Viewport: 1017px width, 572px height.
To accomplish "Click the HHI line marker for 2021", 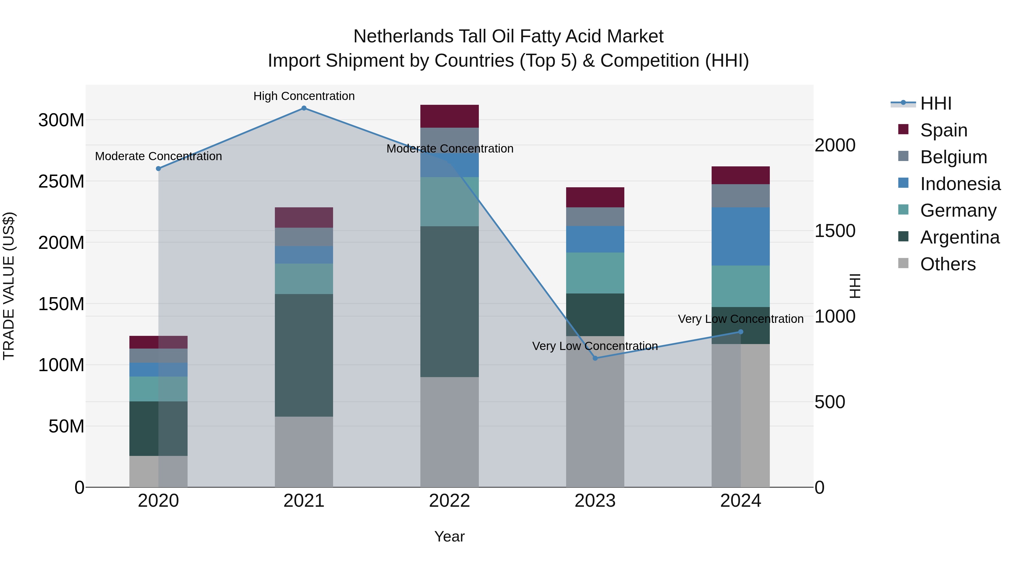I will [x=304, y=108].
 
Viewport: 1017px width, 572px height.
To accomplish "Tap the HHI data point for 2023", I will [x=595, y=358].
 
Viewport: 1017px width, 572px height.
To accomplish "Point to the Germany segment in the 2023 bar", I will [x=595, y=273].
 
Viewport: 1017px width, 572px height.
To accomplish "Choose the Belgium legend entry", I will [x=953, y=157].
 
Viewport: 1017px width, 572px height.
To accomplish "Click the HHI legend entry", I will [x=936, y=103].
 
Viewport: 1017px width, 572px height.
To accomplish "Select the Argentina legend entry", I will [x=959, y=237].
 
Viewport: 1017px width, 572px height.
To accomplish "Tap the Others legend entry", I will [x=948, y=264].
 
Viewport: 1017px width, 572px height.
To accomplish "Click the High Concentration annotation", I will [x=304, y=96].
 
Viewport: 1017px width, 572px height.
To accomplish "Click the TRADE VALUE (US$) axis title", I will [x=9, y=286].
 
